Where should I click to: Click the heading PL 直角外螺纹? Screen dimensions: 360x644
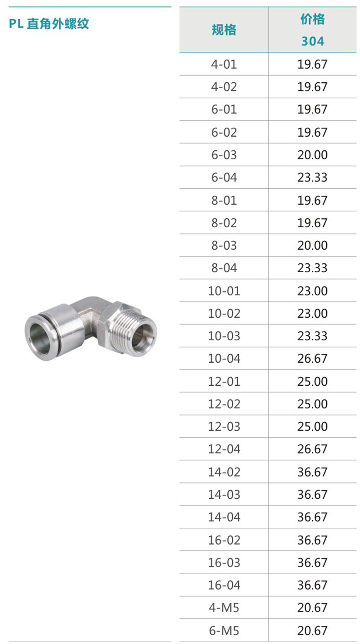[x=49, y=24]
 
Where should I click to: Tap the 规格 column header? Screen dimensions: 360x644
[x=224, y=30]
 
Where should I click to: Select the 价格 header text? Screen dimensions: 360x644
[x=313, y=19]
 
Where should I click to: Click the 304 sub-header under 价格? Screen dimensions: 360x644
[x=313, y=41]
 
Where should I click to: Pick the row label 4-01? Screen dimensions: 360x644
[x=224, y=64]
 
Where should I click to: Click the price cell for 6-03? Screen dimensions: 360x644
[x=313, y=155]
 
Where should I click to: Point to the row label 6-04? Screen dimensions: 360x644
[x=224, y=177]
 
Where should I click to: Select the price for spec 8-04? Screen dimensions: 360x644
[x=313, y=268]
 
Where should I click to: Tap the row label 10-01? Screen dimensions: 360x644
[x=224, y=291]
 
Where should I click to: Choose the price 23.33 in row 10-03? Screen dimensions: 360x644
[x=313, y=336]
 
